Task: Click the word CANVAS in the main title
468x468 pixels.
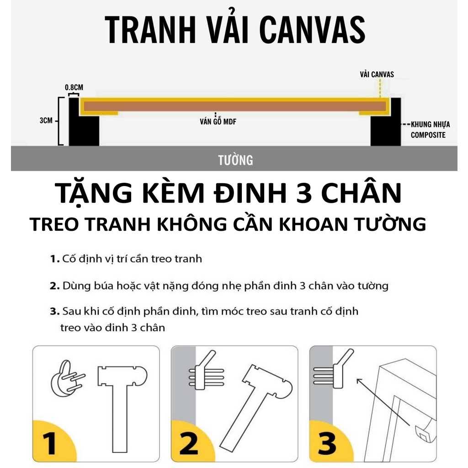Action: [x=312, y=30]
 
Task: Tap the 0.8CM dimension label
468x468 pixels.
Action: [x=74, y=87]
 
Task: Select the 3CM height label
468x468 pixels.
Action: [x=46, y=121]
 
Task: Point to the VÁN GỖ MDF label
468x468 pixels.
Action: [x=218, y=122]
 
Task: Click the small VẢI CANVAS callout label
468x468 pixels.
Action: [x=377, y=74]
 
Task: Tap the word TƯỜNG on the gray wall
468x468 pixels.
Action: [x=235, y=160]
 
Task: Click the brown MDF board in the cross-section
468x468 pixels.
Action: [x=235, y=106]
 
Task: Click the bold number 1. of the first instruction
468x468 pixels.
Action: [x=55, y=259]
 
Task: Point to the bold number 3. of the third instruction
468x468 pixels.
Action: [x=55, y=311]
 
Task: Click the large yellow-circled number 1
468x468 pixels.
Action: [x=49, y=444]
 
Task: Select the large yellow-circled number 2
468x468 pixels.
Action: [x=189, y=444]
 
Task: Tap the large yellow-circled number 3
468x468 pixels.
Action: [x=327, y=444]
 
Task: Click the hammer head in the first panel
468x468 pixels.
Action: [x=122, y=376]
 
